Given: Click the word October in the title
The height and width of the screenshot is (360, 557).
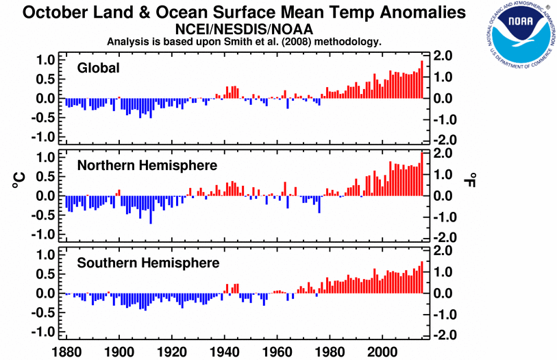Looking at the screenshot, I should pos(55,12).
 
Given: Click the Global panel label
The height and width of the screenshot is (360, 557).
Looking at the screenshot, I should pos(99,67).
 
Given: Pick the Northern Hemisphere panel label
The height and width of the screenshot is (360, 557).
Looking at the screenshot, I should pos(147,165).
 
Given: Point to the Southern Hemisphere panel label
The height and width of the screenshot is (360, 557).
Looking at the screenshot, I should pos(148,263).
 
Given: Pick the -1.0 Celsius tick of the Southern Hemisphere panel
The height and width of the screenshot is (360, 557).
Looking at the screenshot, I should pos(44,331).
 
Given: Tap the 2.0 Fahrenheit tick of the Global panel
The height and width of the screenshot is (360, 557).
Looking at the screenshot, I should pos(444,56).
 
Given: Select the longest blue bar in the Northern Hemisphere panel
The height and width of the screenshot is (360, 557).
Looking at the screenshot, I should pos(151,210).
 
